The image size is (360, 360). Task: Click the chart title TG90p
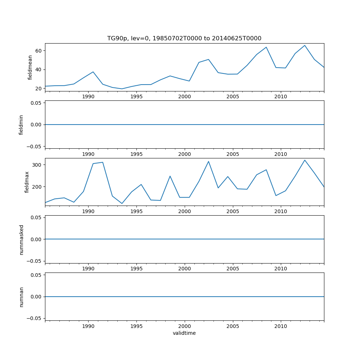(184, 38)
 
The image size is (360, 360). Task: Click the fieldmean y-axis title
(30, 67)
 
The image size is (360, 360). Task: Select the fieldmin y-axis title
(21, 125)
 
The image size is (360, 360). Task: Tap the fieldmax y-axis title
(27, 182)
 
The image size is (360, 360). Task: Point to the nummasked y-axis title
(21, 239)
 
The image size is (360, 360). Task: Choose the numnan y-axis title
(21, 297)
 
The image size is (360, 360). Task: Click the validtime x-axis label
(184, 333)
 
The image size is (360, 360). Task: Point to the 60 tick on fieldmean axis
(38, 50)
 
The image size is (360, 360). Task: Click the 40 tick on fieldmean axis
(38, 69)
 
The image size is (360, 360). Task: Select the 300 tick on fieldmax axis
(36, 165)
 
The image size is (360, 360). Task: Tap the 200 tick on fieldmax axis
(36, 186)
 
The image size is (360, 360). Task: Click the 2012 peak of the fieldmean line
(305, 45)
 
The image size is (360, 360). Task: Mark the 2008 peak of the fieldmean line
(266, 47)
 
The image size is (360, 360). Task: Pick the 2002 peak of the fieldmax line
(208, 161)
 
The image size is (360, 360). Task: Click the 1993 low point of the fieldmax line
(122, 203)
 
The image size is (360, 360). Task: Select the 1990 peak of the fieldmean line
(93, 72)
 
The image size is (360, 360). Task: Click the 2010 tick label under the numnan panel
(280, 326)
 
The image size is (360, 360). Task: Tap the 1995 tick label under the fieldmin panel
(136, 154)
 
